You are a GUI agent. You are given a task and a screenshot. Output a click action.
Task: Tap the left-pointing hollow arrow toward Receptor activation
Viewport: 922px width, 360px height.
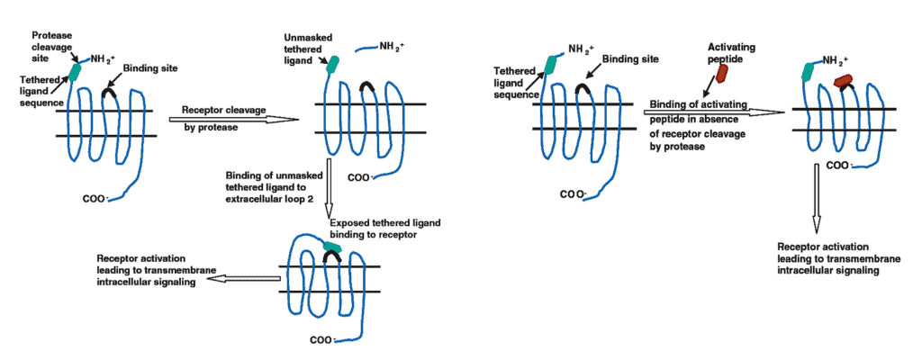tap(238, 279)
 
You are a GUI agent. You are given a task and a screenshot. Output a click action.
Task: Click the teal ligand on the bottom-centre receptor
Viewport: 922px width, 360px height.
tap(330, 244)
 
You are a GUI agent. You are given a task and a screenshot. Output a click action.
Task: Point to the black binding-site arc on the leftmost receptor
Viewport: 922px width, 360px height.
tap(109, 90)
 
